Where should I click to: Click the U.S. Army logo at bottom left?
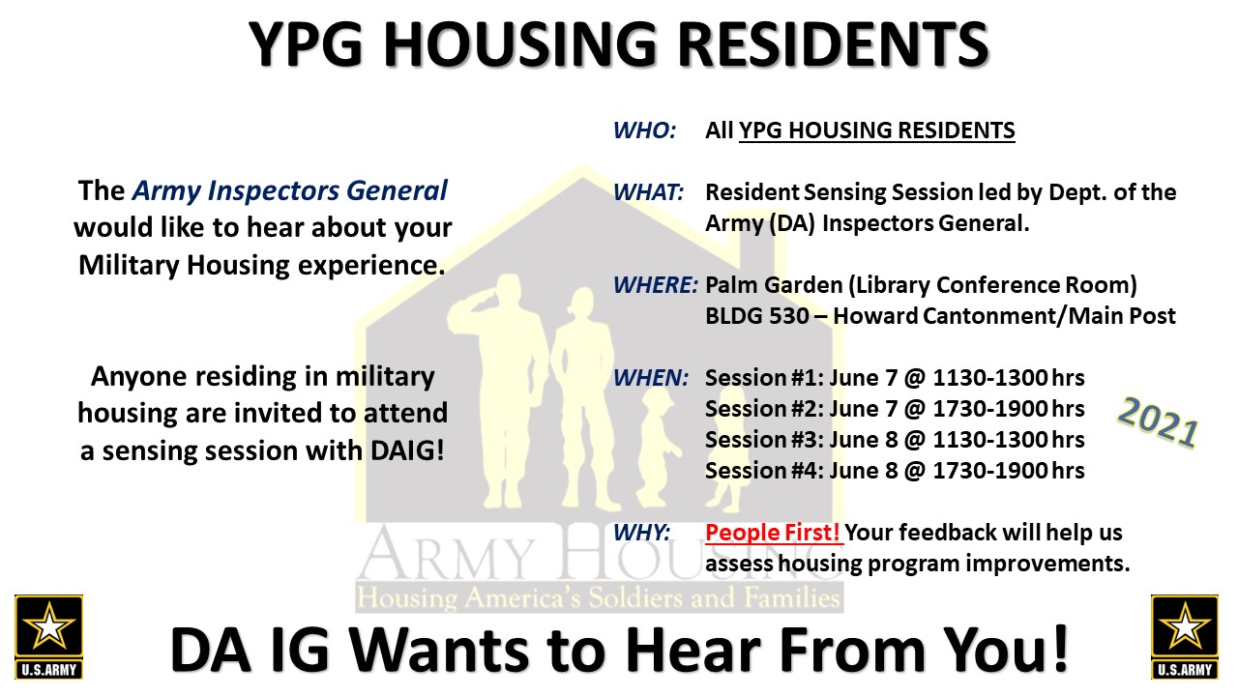click(x=48, y=637)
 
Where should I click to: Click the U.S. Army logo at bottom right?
click(x=1185, y=637)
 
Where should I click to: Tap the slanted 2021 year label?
click(x=1158, y=421)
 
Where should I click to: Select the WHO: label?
click(x=644, y=130)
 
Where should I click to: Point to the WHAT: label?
click(x=648, y=192)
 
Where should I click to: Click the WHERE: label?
click(x=656, y=285)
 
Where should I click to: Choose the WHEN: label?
click(x=651, y=378)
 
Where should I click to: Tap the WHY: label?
click(x=641, y=533)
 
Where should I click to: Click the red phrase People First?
click(x=773, y=533)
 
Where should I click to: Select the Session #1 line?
click(x=895, y=378)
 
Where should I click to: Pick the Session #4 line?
click(x=895, y=471)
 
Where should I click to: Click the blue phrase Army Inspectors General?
click(x=289, y=190)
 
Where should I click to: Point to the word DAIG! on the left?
click(x=408, y=450)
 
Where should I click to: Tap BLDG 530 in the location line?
click(x=757, y=316)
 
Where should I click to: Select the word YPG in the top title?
click(x=306, y=44)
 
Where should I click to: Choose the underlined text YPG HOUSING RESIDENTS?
click(x=877, y=130)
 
